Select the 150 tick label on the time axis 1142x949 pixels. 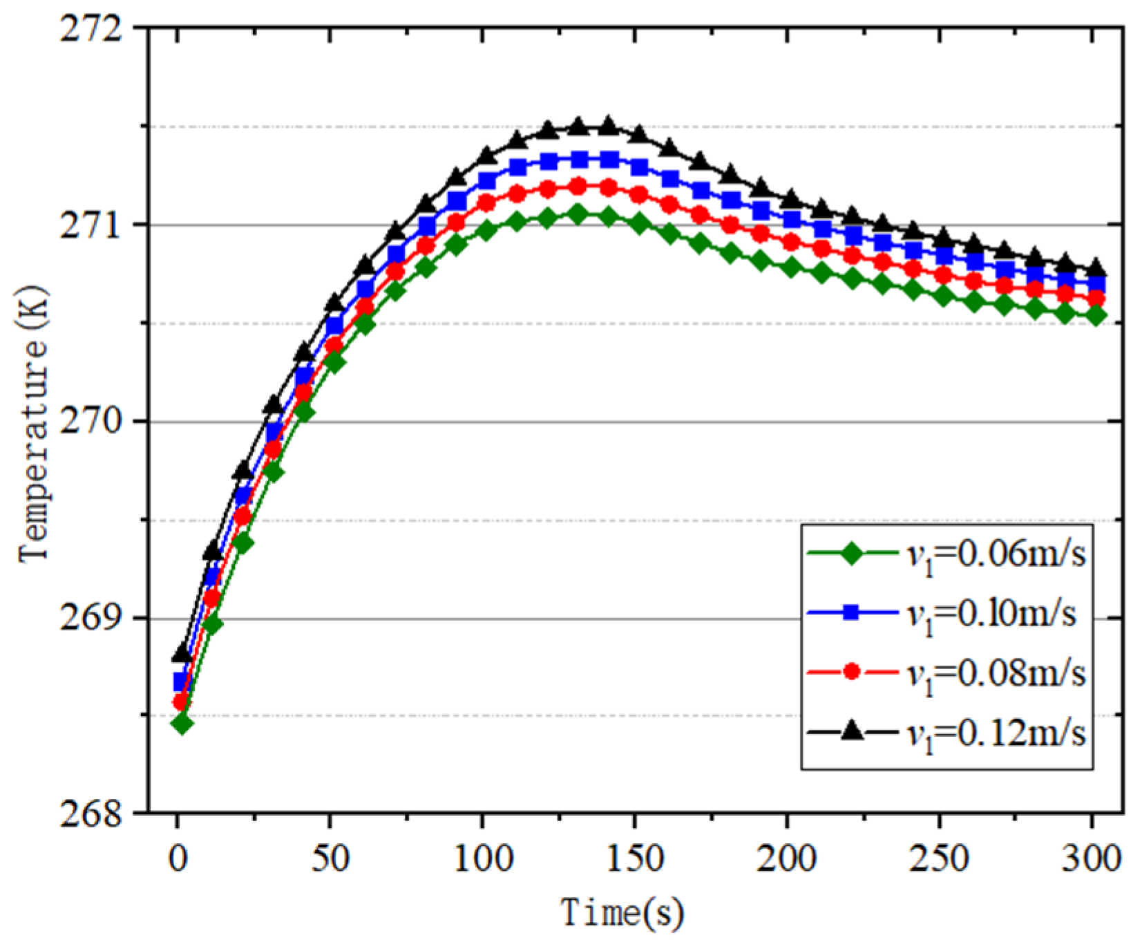(x=634, y=859)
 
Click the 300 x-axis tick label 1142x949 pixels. (x=1092, y=859)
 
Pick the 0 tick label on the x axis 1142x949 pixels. (x=178, y=859)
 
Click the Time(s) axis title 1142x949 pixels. (x=622, y=912)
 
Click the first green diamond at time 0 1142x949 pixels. (x=182, y=724)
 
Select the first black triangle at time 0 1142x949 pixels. (x=182, y=652)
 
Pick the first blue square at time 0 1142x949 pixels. (x=181, y=682)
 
